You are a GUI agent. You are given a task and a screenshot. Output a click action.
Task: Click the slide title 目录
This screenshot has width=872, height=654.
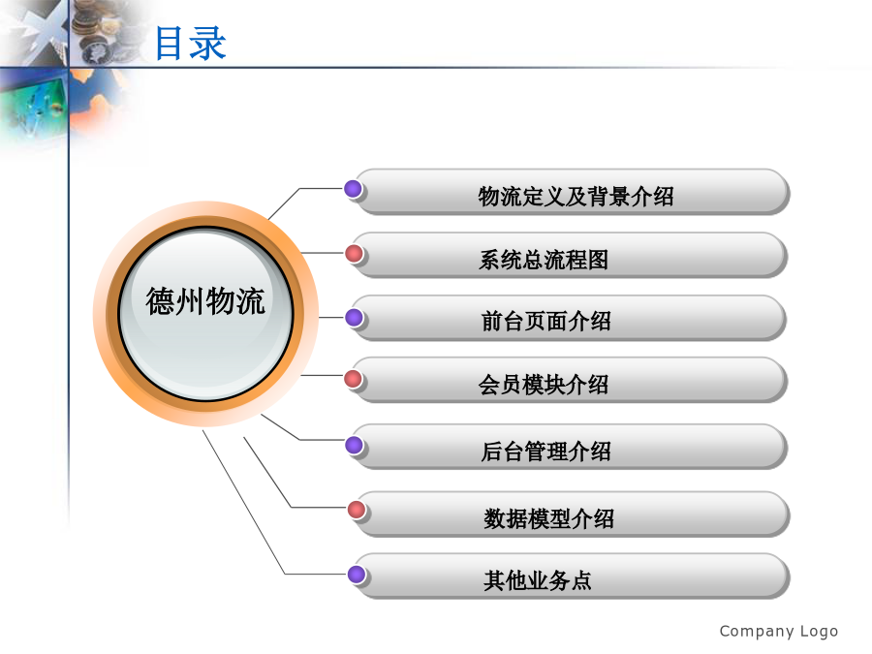tap(190, 43)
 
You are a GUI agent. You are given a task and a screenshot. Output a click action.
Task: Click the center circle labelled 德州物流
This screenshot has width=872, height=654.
tap(205, 314)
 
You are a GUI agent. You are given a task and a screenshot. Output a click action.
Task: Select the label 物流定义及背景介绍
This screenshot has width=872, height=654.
tap(576, 197)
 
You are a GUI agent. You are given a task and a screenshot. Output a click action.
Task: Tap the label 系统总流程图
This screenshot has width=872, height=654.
tap(544, 260)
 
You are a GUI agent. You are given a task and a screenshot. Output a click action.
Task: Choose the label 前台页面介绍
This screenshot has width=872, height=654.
tap(546, 322)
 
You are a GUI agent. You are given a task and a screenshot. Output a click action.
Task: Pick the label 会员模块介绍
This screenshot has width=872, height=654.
tap(544, 385)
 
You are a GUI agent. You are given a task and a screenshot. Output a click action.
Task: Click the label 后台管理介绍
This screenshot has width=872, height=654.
tap(546, 451)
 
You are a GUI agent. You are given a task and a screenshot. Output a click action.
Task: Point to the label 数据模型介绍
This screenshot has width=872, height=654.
tap(549, 519)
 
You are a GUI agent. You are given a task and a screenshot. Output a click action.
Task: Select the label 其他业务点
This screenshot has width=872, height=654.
tap(537, 580)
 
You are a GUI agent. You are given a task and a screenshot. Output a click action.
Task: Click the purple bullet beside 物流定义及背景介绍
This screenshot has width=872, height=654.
tap(353, 189)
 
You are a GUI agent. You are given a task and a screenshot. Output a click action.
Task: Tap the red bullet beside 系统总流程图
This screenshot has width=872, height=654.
tap(355, 254)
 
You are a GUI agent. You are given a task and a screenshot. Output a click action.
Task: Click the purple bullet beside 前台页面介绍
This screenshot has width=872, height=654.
tap(355, 318)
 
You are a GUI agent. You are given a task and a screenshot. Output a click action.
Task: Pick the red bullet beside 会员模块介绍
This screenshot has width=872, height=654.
tap(353, 379)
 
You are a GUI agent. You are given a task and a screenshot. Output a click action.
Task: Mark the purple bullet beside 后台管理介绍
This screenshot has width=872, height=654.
tap(355, 445)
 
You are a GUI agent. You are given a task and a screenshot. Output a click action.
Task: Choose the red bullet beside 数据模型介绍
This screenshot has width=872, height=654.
tap(357, 509)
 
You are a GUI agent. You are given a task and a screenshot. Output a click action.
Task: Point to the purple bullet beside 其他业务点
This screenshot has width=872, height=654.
tap(357, 574)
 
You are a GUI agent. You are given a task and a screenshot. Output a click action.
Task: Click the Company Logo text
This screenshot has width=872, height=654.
tap(779, 632)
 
